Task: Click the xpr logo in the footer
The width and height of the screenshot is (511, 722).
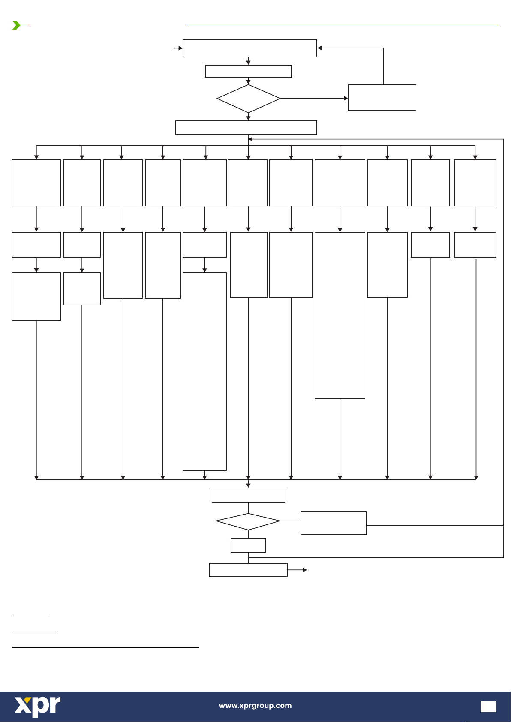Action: tap(38, 706)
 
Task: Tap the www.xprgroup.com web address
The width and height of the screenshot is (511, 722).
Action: tap(255, 706)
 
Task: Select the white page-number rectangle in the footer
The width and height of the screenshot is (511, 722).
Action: tap(488, 707)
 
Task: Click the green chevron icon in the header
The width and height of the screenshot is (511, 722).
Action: tap(16, 25)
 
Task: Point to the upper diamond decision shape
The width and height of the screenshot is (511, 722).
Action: tap(249, 99)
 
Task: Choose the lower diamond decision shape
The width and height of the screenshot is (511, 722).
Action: tap(248, 521)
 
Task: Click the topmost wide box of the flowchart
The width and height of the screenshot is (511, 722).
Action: tap(249, 48)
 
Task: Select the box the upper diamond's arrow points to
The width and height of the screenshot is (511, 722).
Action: tap(382, 98)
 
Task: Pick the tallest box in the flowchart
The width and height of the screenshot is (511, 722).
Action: tap(204, 371)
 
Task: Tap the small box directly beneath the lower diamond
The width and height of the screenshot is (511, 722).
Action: tap(248, 545)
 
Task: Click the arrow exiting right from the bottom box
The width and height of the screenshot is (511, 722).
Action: tap(298, 570)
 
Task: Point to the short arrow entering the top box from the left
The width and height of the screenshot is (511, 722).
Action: tap(178, 48)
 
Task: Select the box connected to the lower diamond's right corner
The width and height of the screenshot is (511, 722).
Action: tap(334, 523)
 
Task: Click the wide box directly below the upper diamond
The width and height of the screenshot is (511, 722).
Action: tap(246, 128)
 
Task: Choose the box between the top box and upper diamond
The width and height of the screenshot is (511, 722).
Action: tap(248, 71)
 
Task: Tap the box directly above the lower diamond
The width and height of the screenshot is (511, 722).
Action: tap(248, 495)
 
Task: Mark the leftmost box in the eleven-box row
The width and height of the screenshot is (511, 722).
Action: tap(36, 183)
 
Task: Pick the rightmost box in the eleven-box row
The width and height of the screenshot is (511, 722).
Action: tap(475, 183)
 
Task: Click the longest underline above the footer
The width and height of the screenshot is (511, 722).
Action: tap(105, 647)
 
